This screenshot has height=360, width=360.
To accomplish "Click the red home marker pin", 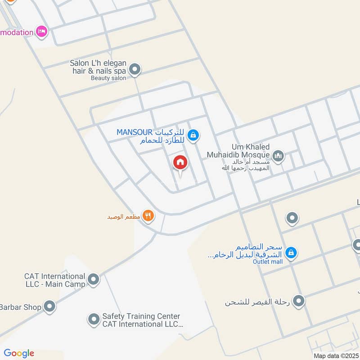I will point(180,162).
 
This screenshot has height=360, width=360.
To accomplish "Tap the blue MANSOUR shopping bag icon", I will point(193,135).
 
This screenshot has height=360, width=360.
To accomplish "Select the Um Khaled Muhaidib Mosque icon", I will point(279,156).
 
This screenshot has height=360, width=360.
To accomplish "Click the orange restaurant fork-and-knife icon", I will point(148,216).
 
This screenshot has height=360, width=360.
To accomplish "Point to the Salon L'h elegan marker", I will point(135,70).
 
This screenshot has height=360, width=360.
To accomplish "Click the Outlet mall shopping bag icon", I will point(291,253).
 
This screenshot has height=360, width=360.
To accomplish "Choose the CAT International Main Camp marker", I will point(94,280).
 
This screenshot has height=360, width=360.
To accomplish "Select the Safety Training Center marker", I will point(94,319).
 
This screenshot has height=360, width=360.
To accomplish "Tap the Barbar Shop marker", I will point(49,307).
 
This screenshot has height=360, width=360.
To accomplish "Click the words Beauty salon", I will point(108,78).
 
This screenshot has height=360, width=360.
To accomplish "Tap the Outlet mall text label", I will point(267,261).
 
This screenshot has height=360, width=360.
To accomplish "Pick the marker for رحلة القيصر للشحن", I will point(298,300).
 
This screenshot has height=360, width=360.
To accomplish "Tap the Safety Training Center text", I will point(141,316).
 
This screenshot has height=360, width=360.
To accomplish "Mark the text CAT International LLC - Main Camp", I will point(55,280).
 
